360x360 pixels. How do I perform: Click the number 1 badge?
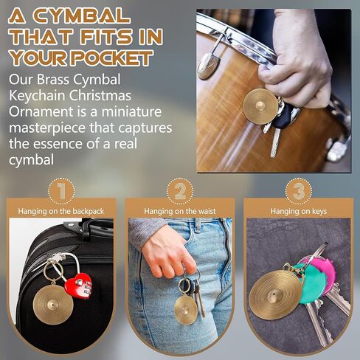(x=61, y=192)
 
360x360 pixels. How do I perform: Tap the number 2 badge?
(x=179, y=192)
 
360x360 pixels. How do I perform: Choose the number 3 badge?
(x=297, y=192)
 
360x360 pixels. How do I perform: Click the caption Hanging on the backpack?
(x=61, y=211)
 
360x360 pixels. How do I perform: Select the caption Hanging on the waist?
(x=179, y=211)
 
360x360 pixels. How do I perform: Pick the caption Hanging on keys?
(x=297, y=211)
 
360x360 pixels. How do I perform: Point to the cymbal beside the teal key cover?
(x=274, y=294)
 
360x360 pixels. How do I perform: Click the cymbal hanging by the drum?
(x=260, y=105)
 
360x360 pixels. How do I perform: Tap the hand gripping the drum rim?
(x=295, y=59)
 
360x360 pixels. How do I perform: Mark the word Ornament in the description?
(x=41, y=112)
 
